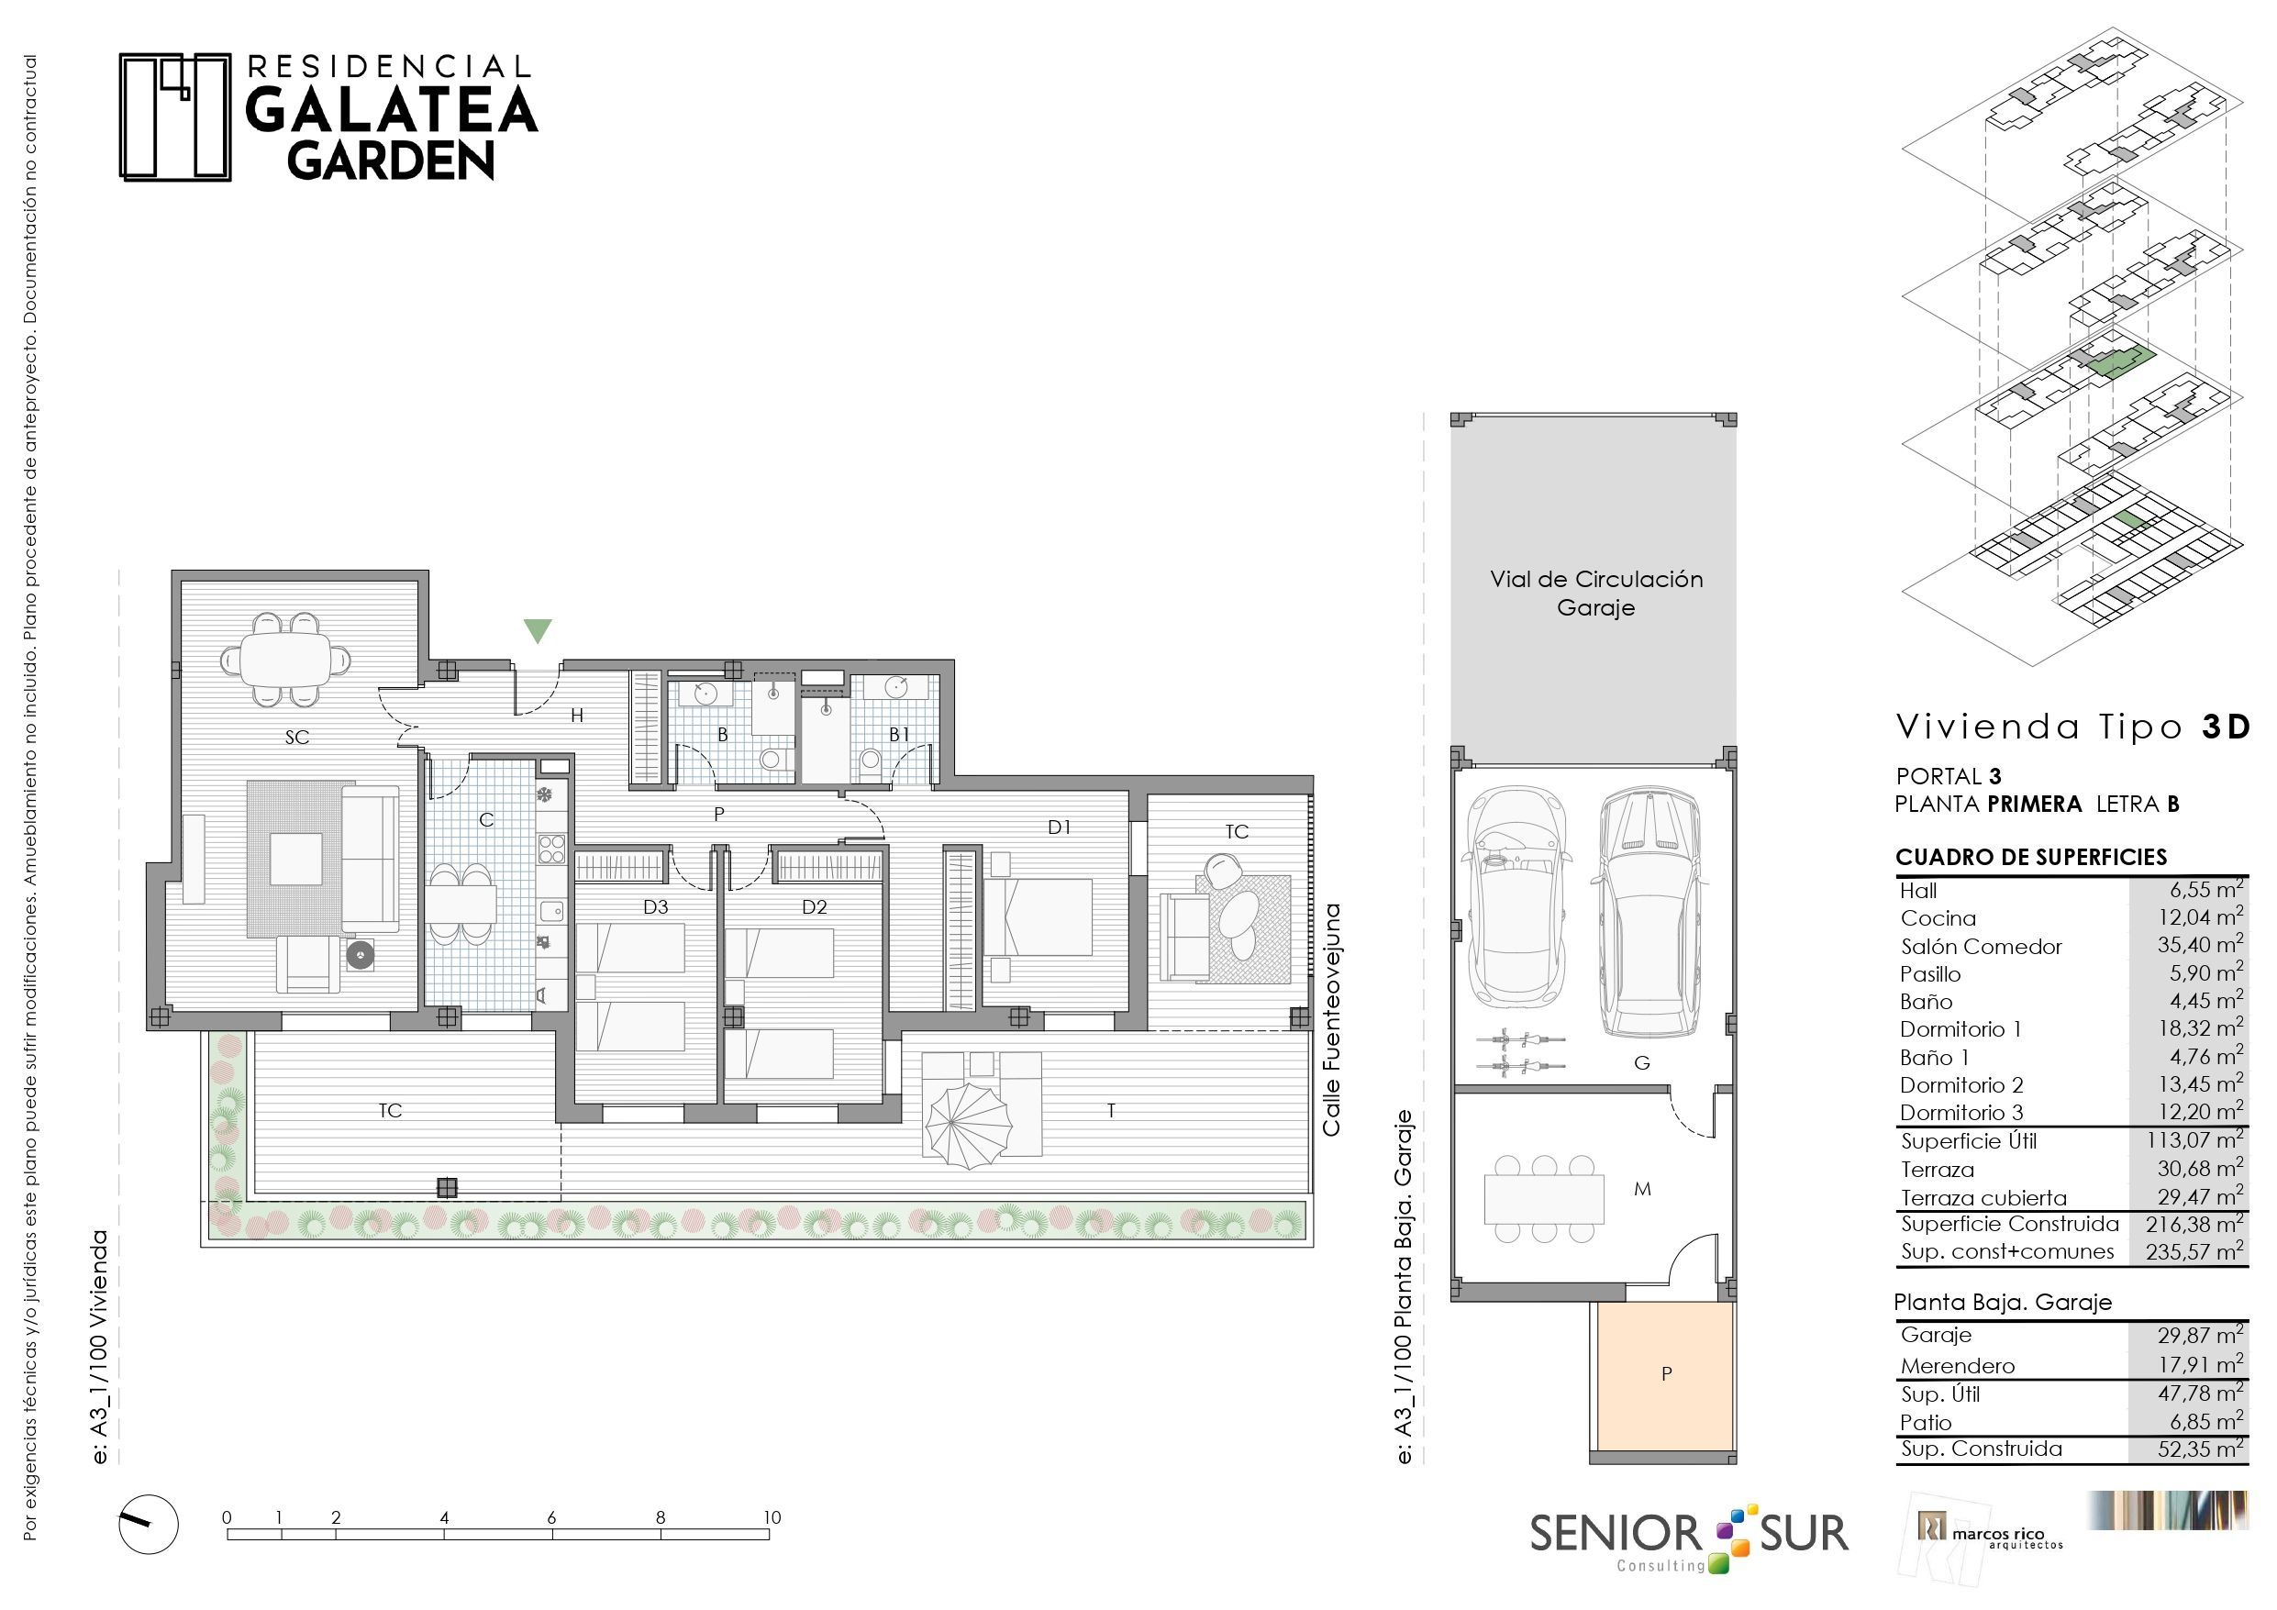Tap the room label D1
coord(1060,827)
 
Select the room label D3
coord(656,906)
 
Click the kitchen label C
coord(486,819)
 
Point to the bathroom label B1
coord(898,734)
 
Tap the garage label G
coord(1641,1063)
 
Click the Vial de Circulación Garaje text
coord(1595,594)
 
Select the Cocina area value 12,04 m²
coord(2201,917)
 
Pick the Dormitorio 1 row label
coord(1960,1029)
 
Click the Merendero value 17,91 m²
coord(2201,1365)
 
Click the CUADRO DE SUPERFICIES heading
coord(2031,857)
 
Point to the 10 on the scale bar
coord(772,1516)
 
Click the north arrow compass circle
coord(149,1524)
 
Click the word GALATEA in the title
coord(391,110)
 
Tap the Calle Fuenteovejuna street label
coord(1331,1019)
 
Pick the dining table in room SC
coord(285,659)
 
